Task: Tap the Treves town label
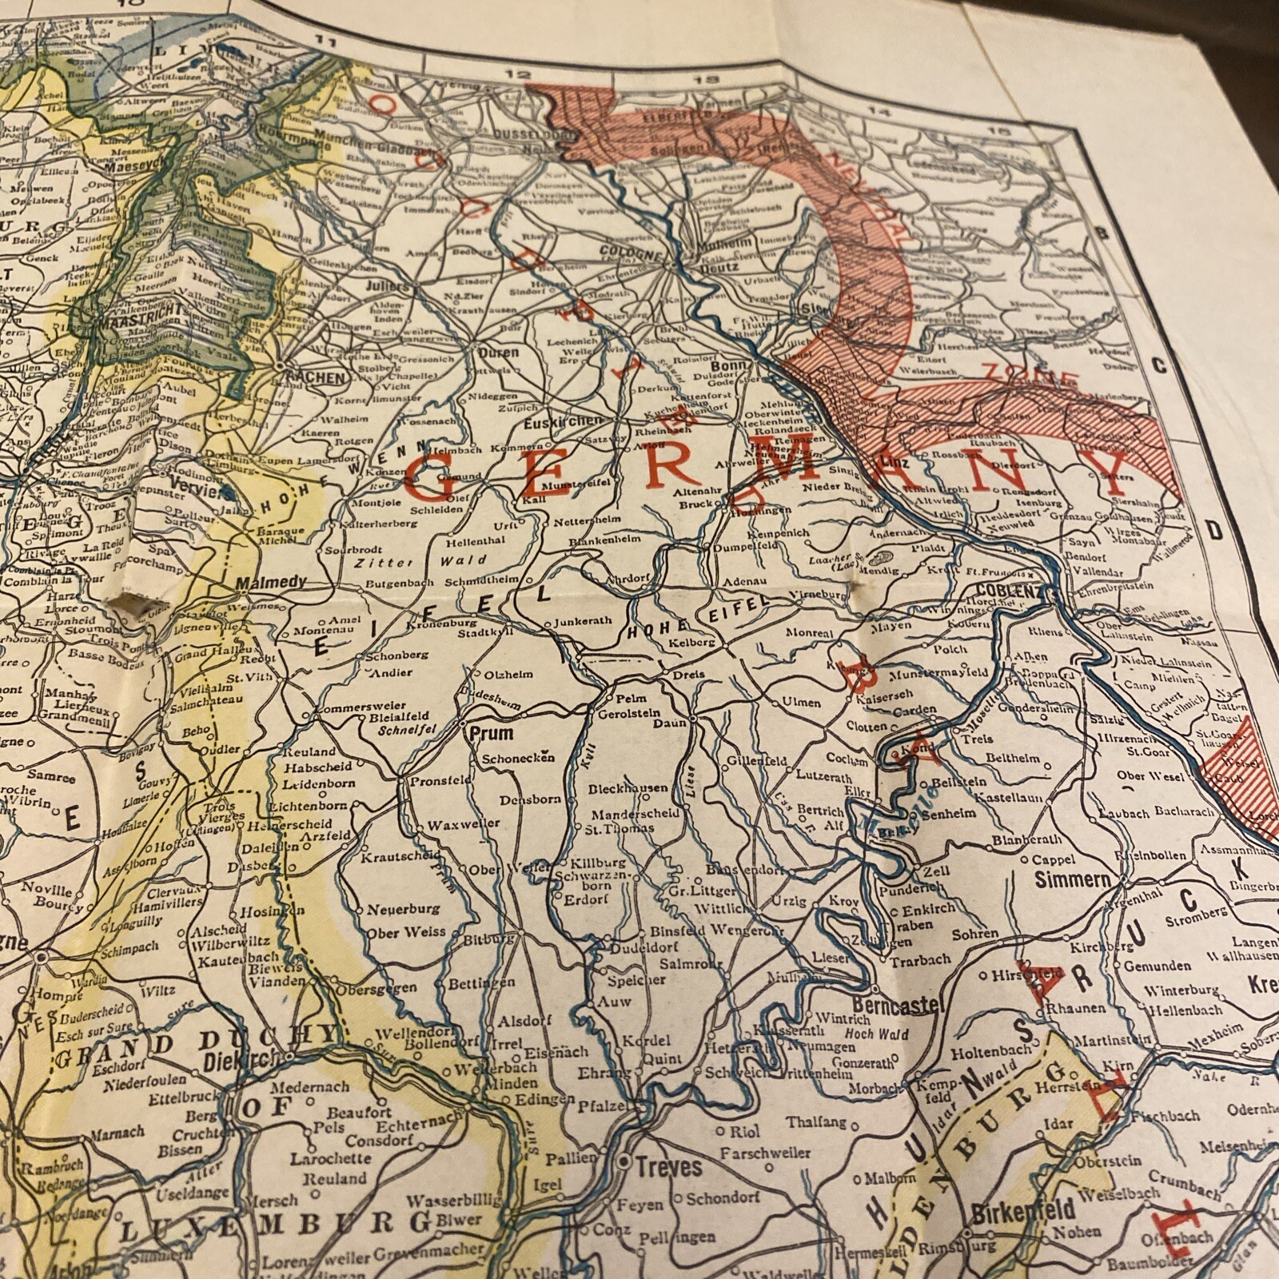coord(669,1167)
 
